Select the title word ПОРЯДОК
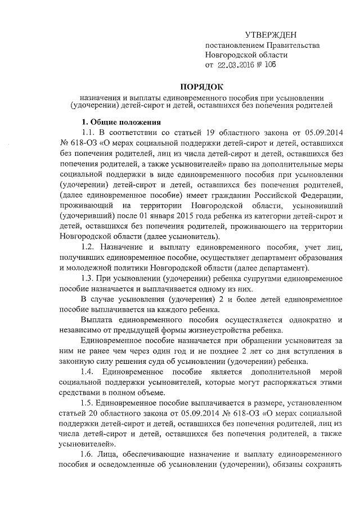click(201, 87)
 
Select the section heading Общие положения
click(126, 122)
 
